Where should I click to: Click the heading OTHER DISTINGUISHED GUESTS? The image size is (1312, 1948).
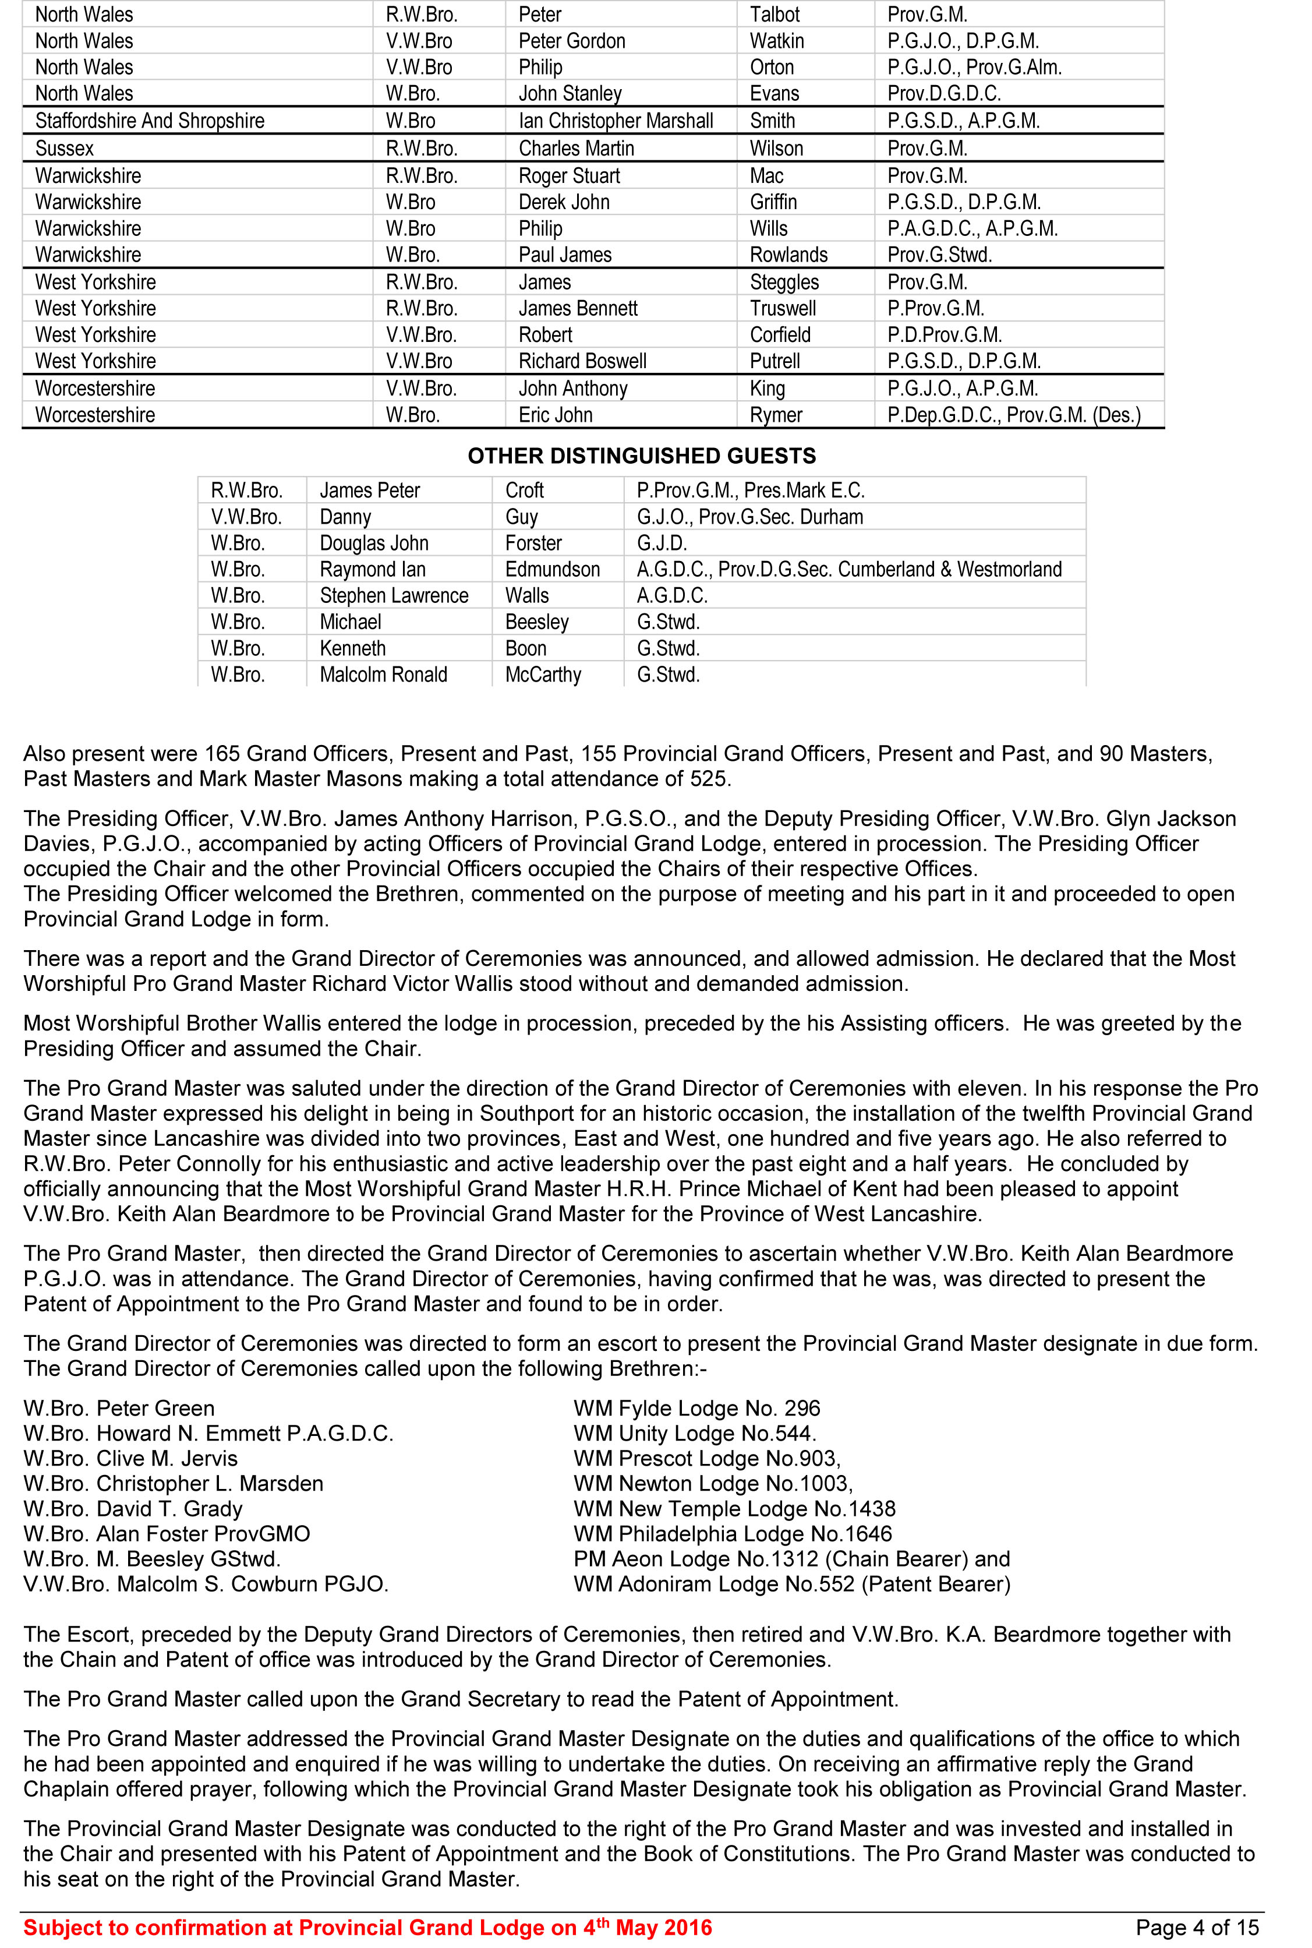coord(642,456)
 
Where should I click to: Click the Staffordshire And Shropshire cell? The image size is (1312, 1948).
coord(150,121)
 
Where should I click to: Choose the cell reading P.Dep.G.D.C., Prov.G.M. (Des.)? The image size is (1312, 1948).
coord(1013,415)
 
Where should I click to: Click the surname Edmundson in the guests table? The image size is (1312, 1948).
coord(552,570)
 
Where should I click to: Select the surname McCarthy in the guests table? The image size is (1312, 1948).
coord(543,675)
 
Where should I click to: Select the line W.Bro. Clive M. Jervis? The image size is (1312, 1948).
coord(130,1459)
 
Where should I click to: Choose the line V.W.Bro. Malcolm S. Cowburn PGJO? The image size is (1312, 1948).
coord(206,1584)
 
